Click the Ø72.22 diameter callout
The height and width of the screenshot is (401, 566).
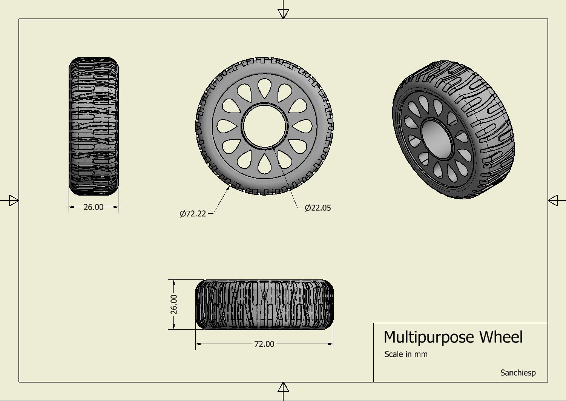click(x=193, y=214)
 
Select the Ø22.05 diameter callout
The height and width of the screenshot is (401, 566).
click(x=318, y=208)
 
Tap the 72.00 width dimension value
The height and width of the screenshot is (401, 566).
click(x=264, y=344)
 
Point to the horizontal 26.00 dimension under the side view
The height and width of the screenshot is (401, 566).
click(x=93, y=207)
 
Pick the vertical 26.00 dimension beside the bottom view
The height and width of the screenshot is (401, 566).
click(x=173, y=304)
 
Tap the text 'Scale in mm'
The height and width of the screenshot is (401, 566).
click(x=406, y=354)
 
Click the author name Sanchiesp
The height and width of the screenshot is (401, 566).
click(x=518, y=373)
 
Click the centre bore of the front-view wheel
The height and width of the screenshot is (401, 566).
click(x=264, y=126)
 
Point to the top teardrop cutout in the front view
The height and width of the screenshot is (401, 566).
click(x=264, y=89)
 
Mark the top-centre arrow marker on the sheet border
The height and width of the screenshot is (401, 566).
click(x=283, y=14)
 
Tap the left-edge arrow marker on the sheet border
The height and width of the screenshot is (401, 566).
click(x=13, y=200)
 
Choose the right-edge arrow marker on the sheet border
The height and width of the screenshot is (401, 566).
click(x=553, y=200)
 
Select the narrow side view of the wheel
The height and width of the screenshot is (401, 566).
click(x=94, y=126)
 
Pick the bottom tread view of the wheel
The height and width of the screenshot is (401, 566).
click(x=264, y=304)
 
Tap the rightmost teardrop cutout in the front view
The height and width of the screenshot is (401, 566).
click(x=302, y=126)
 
